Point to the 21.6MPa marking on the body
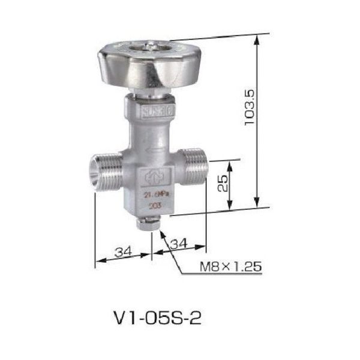point(152,194)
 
